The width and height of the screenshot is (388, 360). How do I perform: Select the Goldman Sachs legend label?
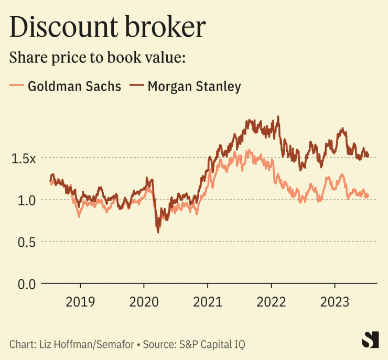[x=74, y=86]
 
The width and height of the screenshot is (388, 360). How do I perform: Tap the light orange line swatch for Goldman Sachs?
[x=17, y=86]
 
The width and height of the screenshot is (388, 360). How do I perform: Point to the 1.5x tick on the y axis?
[x=24, y=158]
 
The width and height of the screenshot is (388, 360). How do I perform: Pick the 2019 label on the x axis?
[x=80, y=302]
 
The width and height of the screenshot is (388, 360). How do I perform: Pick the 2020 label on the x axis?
[x=144, y=302]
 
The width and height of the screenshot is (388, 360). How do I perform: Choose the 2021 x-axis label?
[x=208, y=302]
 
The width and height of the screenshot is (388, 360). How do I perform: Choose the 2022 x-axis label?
[x=271, y=302]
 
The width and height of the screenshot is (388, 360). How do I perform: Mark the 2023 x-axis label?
[x=335, y=302]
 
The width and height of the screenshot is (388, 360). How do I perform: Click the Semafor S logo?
[x=370, y=340]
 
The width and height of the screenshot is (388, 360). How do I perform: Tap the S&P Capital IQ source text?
[x=212, y=344]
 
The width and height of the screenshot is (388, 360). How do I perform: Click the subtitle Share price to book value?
[x=98, y=57]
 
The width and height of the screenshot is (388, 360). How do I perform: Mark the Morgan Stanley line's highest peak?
[x=278, y=117]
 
